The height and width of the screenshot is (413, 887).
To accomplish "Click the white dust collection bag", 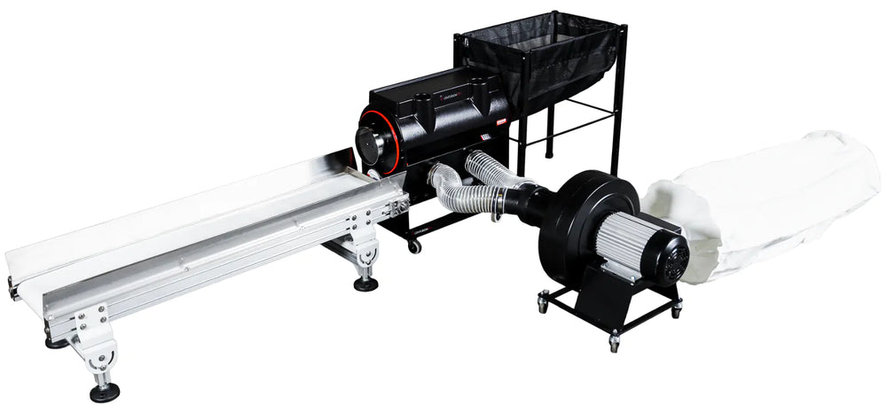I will (763, 204).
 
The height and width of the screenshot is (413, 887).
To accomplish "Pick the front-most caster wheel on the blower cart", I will (613, 342).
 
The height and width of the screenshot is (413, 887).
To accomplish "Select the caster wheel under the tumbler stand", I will (413, 246).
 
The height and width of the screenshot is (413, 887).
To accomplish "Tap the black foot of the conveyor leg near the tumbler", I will (365, 284).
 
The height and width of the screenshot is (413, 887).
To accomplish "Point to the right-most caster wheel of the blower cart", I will (675, 309).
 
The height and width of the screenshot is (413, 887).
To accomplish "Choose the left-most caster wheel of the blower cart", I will (541, 305).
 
